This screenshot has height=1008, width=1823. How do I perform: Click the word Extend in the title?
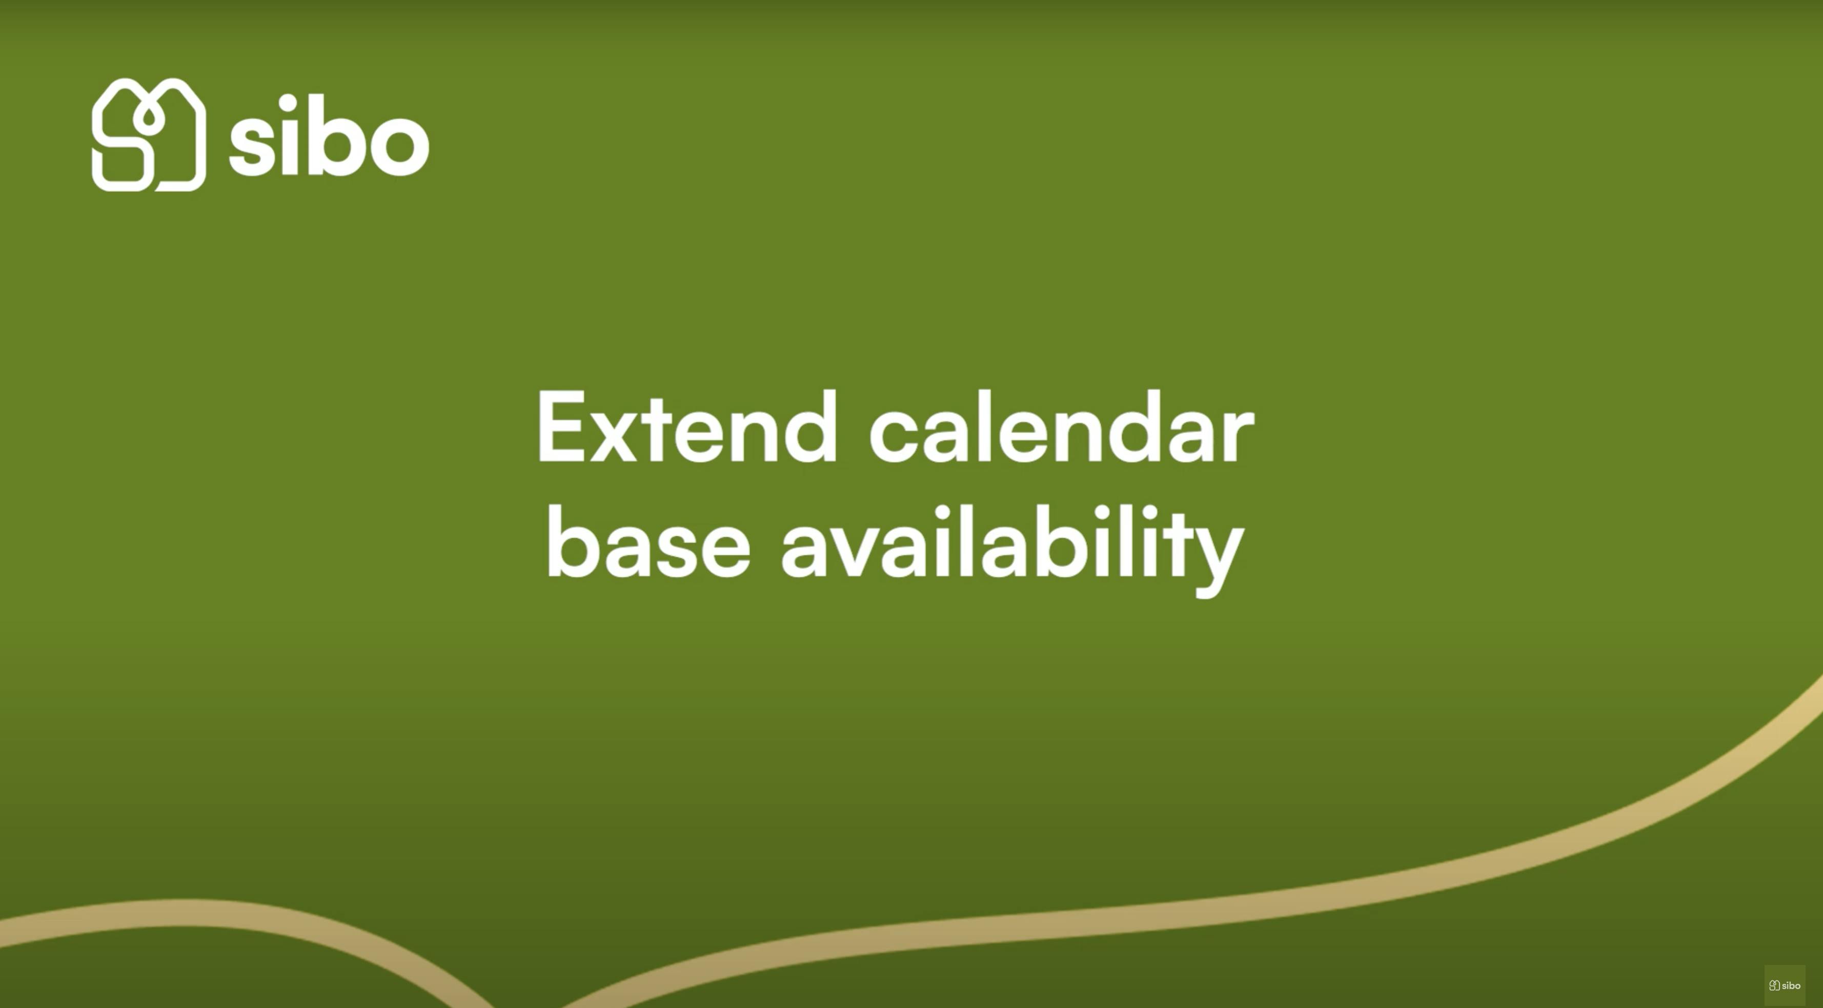(x=687, y=427)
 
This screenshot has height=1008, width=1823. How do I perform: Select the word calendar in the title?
(x=1062, y=427)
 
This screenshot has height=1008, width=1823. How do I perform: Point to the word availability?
(x=1012, y=551)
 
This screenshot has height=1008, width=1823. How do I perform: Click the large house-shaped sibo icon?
(x=149, y=134)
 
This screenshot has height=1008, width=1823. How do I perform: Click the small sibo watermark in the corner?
(x=1784, y=985)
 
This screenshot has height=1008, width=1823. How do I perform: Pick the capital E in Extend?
(x=562, y=427)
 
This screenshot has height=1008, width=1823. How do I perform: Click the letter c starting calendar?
(x=894, y=437)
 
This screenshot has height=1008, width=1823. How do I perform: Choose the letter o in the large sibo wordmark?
(x=398, y=146)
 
